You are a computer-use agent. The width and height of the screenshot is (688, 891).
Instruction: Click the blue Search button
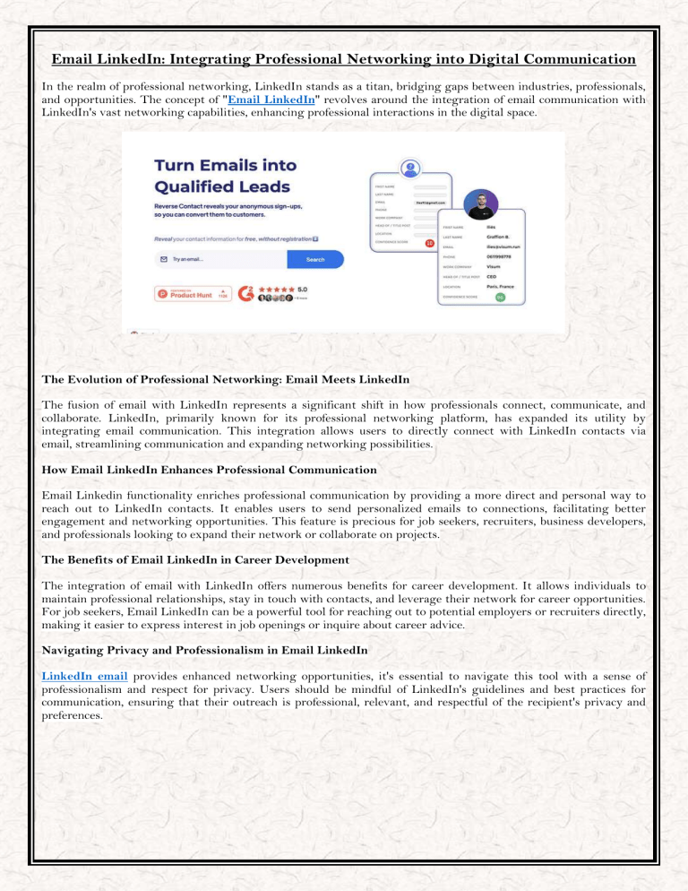tap(315, 259)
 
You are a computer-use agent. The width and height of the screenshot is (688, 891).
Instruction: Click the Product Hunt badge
tap(179, 293)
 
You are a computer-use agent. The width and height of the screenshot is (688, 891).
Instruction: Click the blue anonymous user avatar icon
tap(411, 168)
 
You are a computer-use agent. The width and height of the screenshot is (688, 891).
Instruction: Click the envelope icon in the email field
tap(163, 259)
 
